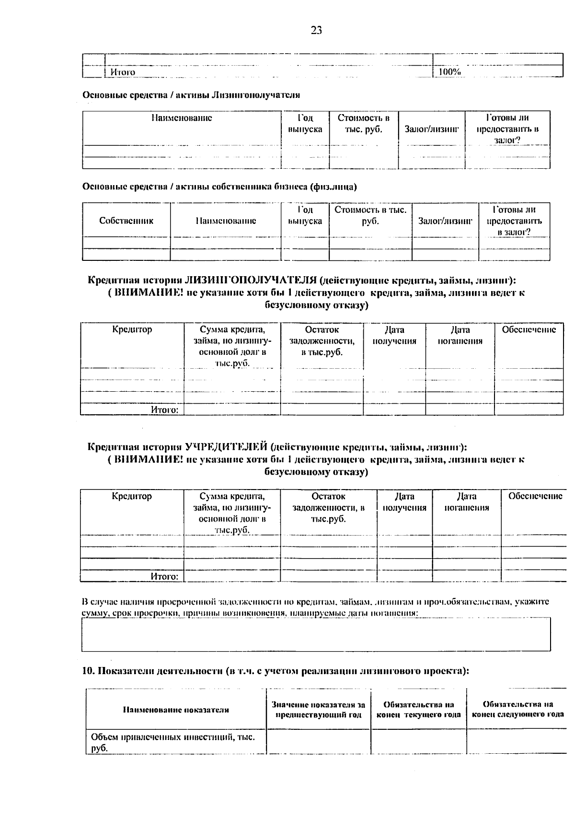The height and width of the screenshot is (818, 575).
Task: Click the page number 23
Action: [x=316, y=31]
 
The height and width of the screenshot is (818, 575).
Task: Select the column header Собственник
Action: [x=126, y=221]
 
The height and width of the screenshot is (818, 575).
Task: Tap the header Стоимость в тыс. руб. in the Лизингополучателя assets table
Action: [x=363, y=124]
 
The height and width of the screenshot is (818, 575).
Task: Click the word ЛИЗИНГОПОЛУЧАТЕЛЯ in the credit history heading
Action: [x=251, y=280]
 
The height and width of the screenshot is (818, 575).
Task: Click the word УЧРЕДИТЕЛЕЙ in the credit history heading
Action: [x=226, y=447]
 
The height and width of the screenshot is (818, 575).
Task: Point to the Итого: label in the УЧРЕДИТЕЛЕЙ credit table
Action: [x=164, y=576]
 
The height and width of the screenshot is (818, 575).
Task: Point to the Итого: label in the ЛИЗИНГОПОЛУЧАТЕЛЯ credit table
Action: [x=164, y=410]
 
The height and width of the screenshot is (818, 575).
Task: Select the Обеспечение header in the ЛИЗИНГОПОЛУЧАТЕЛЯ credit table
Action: [x=529, y=330]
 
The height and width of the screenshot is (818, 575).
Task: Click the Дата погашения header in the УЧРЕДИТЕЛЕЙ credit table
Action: [x=466, y=502]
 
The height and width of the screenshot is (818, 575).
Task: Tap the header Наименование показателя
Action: [x=176, y=710]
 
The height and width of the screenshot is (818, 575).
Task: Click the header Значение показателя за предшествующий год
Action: [x=318, y=710]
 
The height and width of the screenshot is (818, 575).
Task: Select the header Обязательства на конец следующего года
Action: [x=517, y=710]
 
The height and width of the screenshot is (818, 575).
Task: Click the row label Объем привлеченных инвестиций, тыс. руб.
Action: [x=172, y=742]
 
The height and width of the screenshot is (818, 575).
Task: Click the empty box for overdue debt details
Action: [x=316, y=634]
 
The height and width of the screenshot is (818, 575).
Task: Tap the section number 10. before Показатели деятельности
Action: [x=89, y=671]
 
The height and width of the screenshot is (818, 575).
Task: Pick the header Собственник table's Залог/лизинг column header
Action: [x=445, y=221]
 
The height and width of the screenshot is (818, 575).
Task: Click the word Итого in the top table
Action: [x=123, y=72]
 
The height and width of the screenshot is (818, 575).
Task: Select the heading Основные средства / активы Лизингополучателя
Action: [x=191, y=95]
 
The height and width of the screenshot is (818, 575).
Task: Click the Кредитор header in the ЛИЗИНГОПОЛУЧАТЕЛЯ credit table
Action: [x=132, y=330]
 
